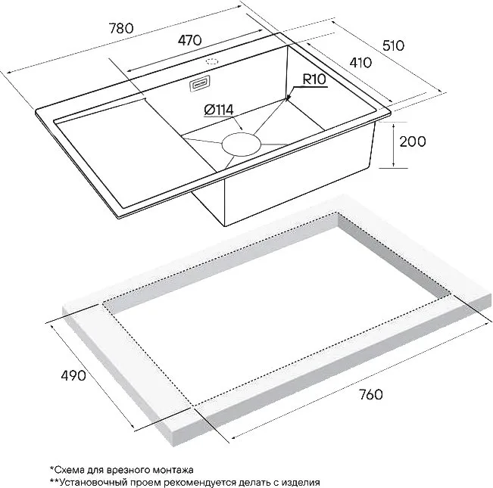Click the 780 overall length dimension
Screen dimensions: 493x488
click(121, 29)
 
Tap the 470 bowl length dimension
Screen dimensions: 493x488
click(189, 40)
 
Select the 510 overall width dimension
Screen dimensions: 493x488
click(393, 46)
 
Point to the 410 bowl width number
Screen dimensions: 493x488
click(360, 63)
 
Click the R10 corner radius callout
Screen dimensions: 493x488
click(314, 79)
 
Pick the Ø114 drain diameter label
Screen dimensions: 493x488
click(219, 110)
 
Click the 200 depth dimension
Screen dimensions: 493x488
click(413, 141)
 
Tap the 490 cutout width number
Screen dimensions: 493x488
click(73, 375)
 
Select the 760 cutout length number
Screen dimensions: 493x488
click(370, 395)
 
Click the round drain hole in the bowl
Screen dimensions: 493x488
click(242, 145)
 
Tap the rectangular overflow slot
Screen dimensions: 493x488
click(199, 84)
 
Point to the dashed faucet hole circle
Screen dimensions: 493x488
click(213, 61)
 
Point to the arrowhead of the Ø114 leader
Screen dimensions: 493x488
click(241, 128)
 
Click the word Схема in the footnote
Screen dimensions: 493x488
click(67, 470)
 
